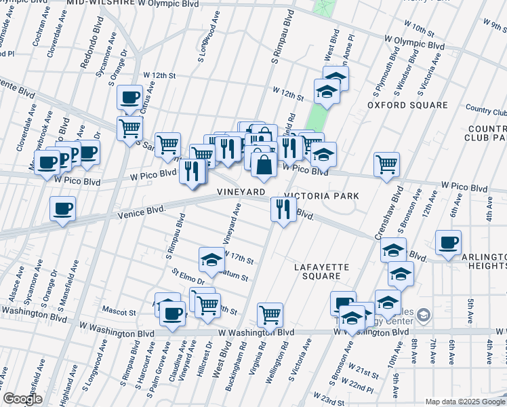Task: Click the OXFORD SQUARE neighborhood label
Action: coord(407,105)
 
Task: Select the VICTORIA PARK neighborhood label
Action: coord(321,196)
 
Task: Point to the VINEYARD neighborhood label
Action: coord(241,193)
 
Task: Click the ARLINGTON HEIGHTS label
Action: coord(484,262)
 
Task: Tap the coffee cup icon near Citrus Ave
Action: coord(129,97)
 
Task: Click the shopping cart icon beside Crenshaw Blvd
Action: coord(386,163)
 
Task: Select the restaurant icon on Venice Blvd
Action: coord(283,209)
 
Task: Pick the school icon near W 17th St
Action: coord(211,259)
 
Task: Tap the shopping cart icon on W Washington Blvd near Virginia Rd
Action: coord(270,315)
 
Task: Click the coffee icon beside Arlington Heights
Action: coord(448,242)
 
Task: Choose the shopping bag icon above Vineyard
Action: coord(264,163)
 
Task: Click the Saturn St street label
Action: coord(235,277)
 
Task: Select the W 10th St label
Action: coord(419,30)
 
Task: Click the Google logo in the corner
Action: coord(23,399)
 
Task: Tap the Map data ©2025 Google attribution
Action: coord(464,402)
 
